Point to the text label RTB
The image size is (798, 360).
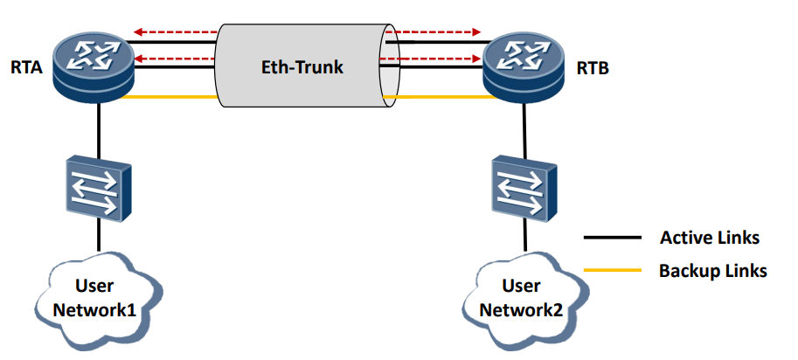point(591,69)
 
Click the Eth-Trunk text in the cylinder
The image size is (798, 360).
point(300,67)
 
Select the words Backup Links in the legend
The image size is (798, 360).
point(712,270)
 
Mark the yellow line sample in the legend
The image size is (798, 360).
point(612,270)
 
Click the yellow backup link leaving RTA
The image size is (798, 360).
point(170,98)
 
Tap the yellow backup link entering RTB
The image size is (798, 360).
point(441,98)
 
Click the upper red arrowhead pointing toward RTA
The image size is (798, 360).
point(139,32)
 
